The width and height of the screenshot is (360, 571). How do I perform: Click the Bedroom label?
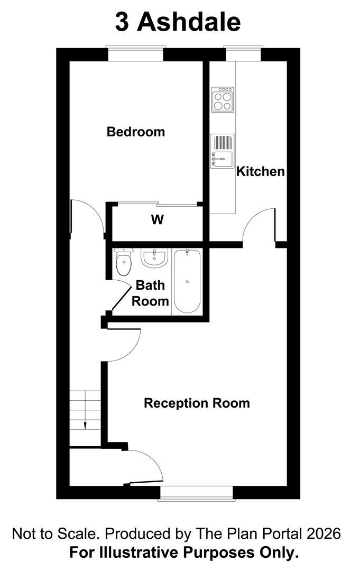point(136,132)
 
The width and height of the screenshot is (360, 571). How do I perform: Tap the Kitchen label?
point(261,171)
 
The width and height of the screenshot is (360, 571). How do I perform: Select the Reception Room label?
point(197,403)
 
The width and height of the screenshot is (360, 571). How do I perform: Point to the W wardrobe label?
point(157,219)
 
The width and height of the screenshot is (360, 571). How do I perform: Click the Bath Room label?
point(150,293)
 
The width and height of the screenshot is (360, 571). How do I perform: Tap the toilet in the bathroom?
point(123,262)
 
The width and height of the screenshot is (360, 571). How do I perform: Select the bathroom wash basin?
point(154,258)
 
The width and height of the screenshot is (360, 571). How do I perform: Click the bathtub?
point(187,281)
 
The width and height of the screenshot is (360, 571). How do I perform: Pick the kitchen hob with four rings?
point(223,99)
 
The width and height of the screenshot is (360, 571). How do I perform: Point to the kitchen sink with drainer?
point(222,151)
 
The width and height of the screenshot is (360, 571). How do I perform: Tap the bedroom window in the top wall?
point(136,53)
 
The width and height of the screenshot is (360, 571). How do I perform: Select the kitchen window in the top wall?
point(243,53)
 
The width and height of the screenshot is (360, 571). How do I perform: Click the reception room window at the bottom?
point(197,493)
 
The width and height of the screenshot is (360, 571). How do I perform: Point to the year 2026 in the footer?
point(324,534)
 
